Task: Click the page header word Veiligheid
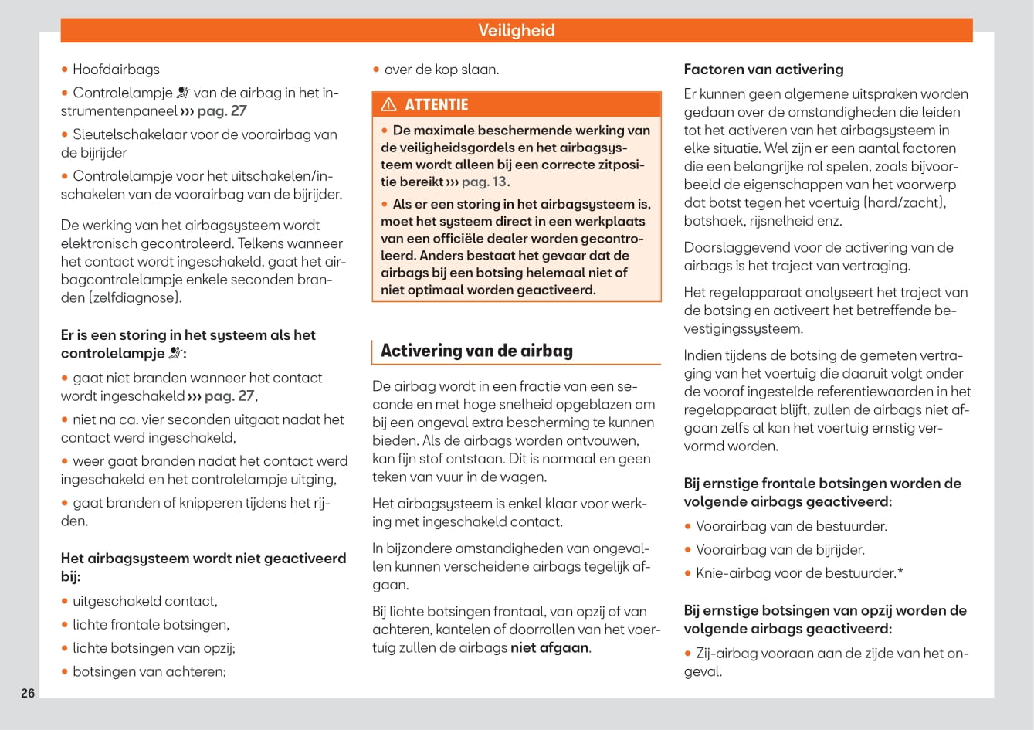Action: point(516,30)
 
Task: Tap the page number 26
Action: point(28,693)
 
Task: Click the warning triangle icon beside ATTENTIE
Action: point(388,104)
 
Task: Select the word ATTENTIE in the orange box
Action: point(436,104)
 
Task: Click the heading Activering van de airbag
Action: point(476,351)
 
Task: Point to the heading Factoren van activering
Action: point(763,70)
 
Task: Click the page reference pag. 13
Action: point(485,182)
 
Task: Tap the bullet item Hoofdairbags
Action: point(116,70)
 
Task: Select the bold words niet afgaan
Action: point(550,647)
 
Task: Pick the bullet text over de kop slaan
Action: point(441,70)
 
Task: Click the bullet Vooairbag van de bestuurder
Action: point(791,526)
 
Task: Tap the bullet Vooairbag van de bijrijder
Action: point(780,550)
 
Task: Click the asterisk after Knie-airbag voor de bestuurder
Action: point(900,572)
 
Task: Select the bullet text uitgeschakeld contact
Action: point(144,601)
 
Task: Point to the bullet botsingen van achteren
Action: point(149,671)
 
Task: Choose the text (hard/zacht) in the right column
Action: point(904,202)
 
